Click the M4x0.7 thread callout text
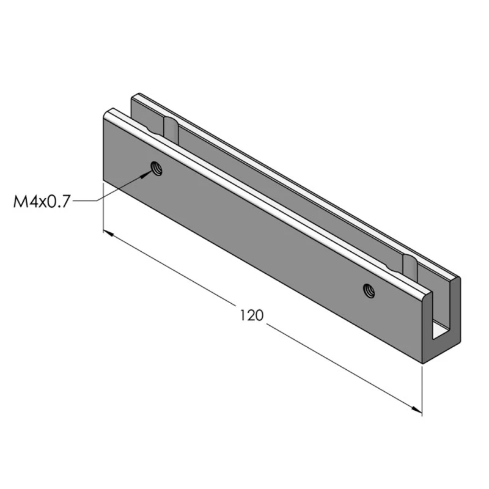[x=42, y=200]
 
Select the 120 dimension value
[x=251, y=315]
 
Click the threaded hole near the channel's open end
[x=368, y=290]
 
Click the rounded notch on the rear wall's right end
[x=410, y=264]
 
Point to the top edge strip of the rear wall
[x=293, y=183]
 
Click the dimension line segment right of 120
[x=342, y=367]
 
